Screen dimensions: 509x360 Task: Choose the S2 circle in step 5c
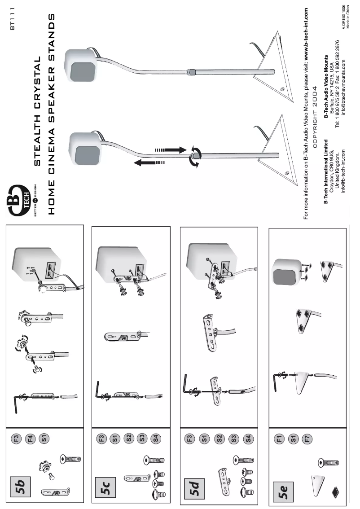click(x=129, y=436)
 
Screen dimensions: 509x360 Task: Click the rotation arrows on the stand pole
click(x=194, y=156)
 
